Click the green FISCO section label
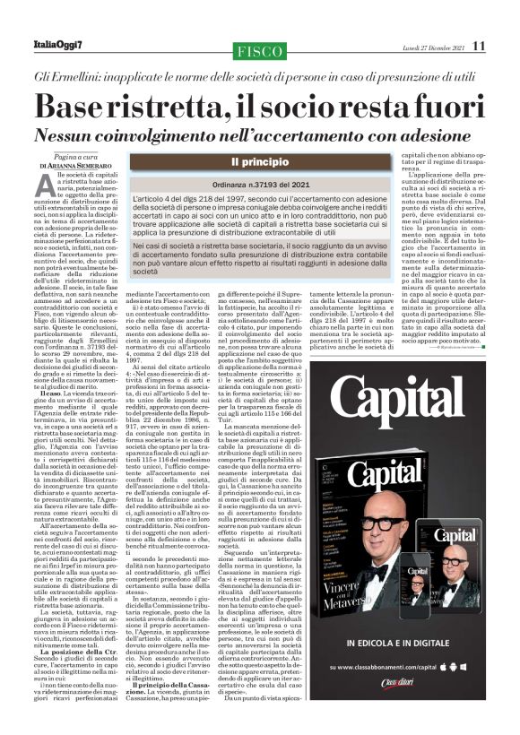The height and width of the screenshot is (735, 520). click(259, 50)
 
